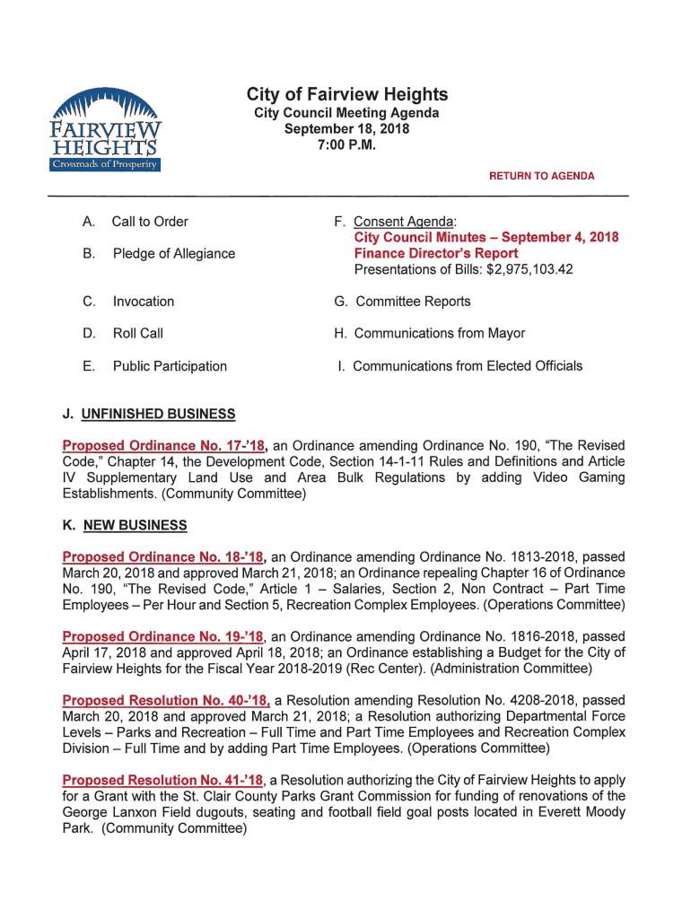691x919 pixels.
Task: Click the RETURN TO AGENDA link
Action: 541,176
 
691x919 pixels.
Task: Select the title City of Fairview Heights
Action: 347,95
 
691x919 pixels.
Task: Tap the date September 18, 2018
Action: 346,129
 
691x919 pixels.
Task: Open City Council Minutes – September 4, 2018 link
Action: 486,238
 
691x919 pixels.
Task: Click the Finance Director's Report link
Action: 436,253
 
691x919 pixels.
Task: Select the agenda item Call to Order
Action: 150,222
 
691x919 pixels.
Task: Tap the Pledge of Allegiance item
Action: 173,254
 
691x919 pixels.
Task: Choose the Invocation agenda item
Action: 144,302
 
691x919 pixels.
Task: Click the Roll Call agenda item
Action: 138,334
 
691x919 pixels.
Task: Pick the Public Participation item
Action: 170,366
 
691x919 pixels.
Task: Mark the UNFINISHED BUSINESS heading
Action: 158,414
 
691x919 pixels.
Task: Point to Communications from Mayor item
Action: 440,334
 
